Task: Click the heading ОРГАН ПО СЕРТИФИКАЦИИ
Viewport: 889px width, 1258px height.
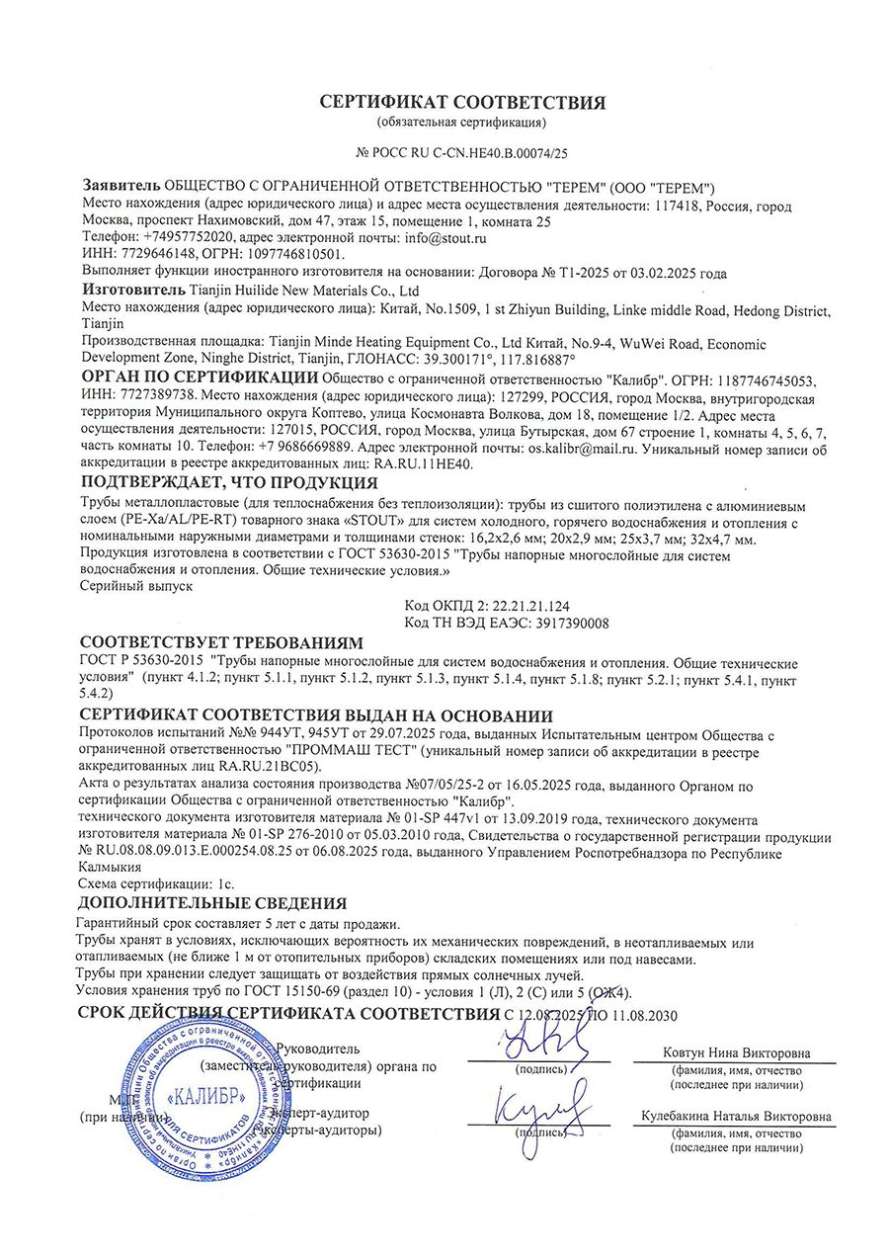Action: [199, 377]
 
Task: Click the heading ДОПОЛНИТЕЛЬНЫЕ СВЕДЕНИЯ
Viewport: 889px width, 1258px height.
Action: [212, 903]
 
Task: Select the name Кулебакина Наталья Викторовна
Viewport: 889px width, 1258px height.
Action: [735, 1117]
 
